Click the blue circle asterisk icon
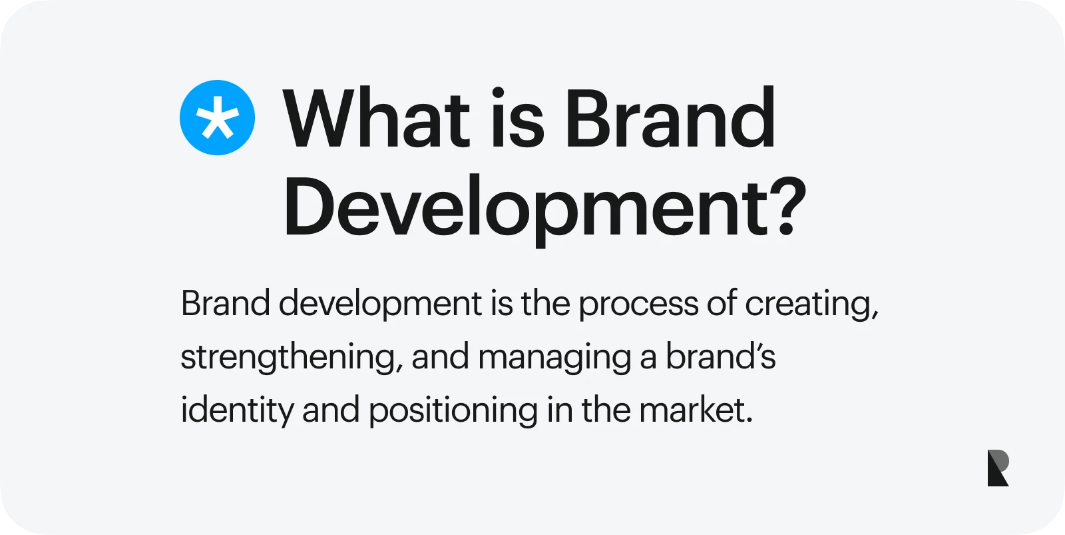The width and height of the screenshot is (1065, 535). [217, 117]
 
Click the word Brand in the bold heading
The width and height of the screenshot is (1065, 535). [670, 117]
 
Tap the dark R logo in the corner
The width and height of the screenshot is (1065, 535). [998, 468]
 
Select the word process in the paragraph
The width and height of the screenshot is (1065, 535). [638, 304]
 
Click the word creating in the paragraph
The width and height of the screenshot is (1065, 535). [811, 304]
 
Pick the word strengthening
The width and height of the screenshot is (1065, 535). [288, 358]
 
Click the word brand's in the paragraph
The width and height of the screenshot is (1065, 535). [720, 356]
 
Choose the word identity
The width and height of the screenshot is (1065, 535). [237, 411]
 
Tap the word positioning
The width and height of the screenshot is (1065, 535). [453, 411]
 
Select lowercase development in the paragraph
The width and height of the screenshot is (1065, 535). [380, 304]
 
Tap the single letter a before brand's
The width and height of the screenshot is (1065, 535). [648, 359]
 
